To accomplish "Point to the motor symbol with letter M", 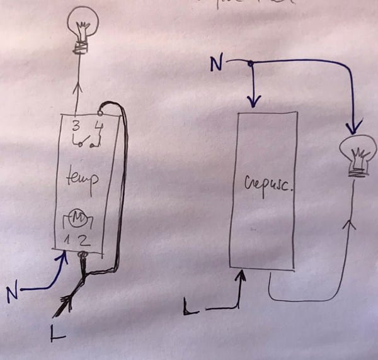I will (x=80, y=218).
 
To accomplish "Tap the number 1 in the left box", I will (x=72, y=239).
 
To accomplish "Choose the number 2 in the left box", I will (x=88, y=239).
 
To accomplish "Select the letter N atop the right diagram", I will (x=215, y=64).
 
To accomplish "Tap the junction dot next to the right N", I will (x=251, y=63).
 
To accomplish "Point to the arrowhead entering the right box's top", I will (x=254, y=101).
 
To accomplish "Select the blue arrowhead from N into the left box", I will (x=62, y=257).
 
